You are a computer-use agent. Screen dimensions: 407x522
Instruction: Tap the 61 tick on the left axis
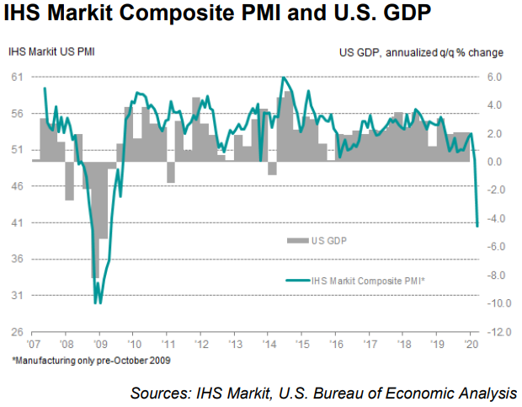click(15, 77)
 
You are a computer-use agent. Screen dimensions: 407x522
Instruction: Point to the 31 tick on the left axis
click(15, 296)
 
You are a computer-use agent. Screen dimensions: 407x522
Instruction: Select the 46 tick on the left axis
click(15, 186)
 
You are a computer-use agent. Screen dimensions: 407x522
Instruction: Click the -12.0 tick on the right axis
click(496, 332)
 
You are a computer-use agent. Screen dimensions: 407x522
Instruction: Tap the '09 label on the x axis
click(101, 345)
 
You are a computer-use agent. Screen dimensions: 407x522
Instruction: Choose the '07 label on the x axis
click(35, 345)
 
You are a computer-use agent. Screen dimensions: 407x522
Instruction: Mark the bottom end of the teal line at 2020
click(477, 225)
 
